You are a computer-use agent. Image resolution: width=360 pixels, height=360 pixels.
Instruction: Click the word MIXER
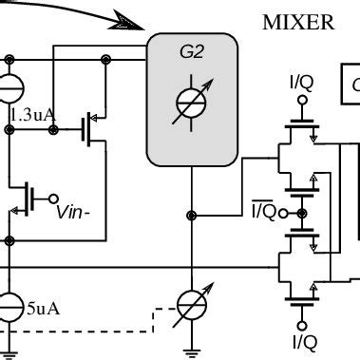click(298, 22)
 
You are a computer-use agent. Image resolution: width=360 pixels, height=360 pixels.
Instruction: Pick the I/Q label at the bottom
click(303, 340)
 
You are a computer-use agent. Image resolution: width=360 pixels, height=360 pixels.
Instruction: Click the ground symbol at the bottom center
click(194, 351)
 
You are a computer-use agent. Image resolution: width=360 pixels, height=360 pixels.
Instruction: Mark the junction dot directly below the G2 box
click(193, 216)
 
